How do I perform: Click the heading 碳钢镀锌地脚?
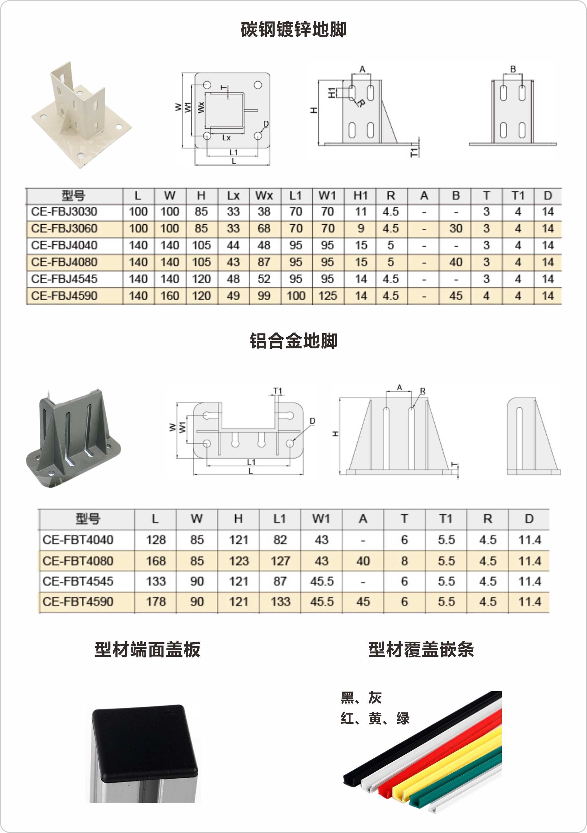click(x=293, y=30)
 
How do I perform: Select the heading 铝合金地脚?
click(x=293, y=341)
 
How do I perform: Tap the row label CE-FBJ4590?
click(x=64, y=296)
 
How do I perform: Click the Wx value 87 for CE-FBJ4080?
click(x=264, y=262)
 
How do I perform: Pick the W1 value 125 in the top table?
click(x=327, y=296)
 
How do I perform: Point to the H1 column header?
click(x=360, y=196)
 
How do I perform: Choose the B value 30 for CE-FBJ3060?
click(x=456, y=229)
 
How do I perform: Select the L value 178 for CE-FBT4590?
click(x=156, y=602)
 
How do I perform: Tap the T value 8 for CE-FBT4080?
click(x=404, y=561)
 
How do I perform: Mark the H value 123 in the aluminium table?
click(x=238, y=561)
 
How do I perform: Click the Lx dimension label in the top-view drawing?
click(x=227, y=138)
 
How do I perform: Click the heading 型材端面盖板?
click(x=148, y=650)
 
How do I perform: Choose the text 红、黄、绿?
click(x=375, y=718)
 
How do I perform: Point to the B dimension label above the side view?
click(x=513, y=69)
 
